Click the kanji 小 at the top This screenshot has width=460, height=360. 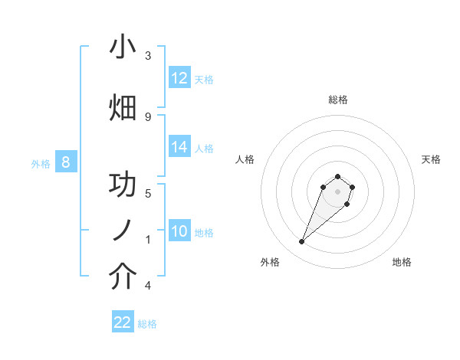(x=123, y=47)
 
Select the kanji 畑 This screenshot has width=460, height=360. (x=123, y=109)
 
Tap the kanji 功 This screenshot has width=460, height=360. (x=123, y=185)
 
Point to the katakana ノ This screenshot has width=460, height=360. (x=123, y=230)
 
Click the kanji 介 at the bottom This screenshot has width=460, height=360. (x=123, y=277)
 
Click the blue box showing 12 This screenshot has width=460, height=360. (x=179, y=78)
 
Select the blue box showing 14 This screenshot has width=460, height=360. (x=179, y=147)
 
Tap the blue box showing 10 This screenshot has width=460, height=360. (x=179, y=231)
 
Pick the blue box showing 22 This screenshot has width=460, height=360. (x=123, y=322)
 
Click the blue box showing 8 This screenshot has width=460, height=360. (x=66, y=162)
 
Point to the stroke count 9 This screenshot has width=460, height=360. (x=148, y=116)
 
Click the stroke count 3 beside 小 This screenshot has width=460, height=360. (x=148, y=56)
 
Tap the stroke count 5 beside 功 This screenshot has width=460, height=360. (x=148, y=193)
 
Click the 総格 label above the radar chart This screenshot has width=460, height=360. (x=337, y=100)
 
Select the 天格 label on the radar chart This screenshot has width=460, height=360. (x=431, y=159)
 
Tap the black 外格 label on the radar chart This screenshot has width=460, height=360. (x=270, y=262)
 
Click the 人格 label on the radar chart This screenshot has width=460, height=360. (x=245, y=159)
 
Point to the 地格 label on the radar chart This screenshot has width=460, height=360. (x=402, y=262)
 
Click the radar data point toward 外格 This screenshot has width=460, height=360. (x=302, y=242)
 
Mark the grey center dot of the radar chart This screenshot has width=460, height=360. (x=337, y=191)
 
